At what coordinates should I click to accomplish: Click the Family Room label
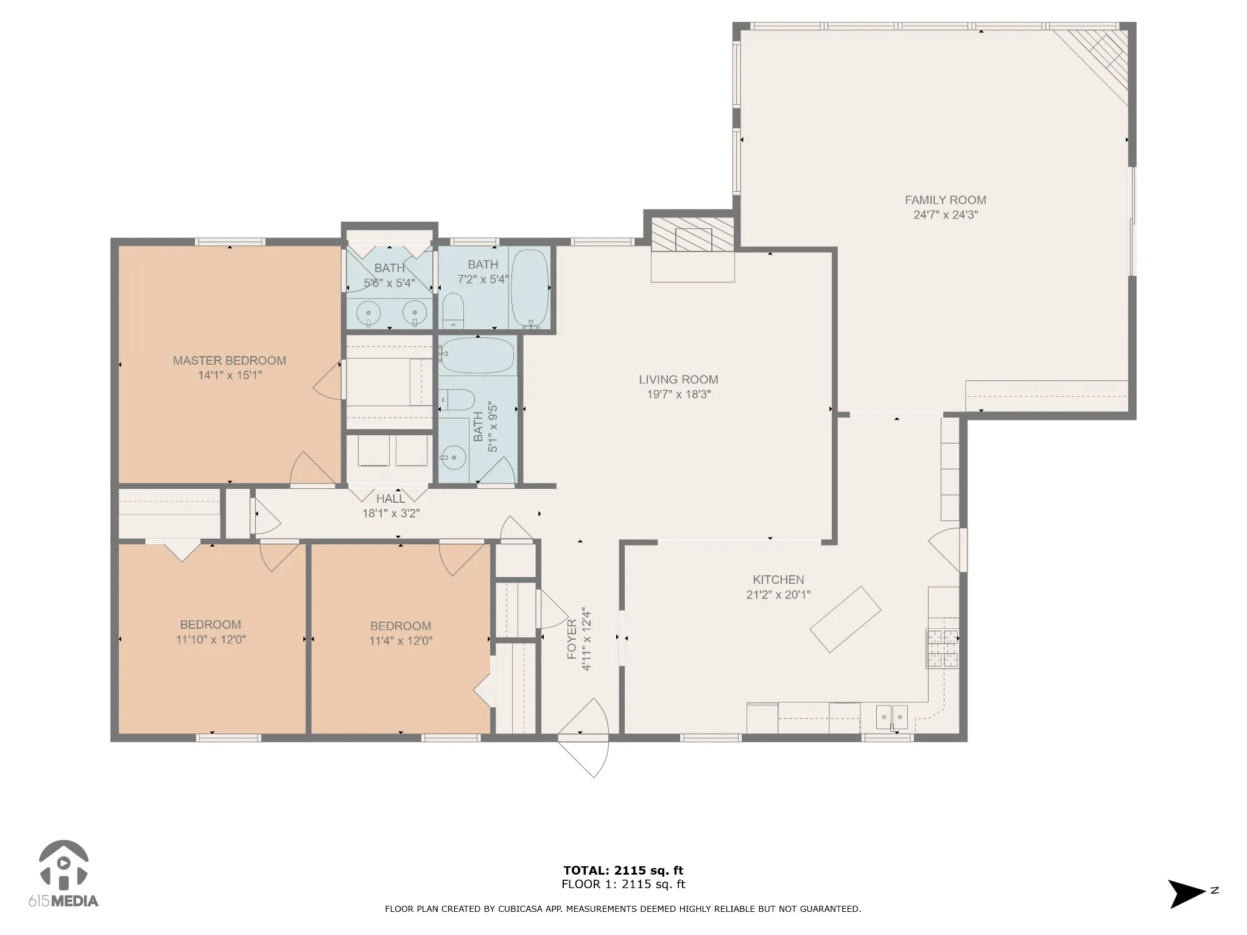(945, 200)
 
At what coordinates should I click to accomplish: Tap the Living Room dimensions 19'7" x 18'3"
(678, 394)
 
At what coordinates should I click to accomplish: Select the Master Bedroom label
(230, 360)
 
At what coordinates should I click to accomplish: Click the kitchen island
(845, 620)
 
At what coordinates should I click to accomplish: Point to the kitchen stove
(943, 648)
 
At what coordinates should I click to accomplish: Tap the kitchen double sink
(892, 716)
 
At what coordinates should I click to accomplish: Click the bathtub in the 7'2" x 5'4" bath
(529, 289)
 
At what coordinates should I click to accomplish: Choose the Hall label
(390, 499)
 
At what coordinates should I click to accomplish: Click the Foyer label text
(572, 639)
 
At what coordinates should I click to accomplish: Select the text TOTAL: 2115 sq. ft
(623, 870)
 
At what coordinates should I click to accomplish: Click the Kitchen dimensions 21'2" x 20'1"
(778, 595)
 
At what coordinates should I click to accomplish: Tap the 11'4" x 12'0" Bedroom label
(401, 633)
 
